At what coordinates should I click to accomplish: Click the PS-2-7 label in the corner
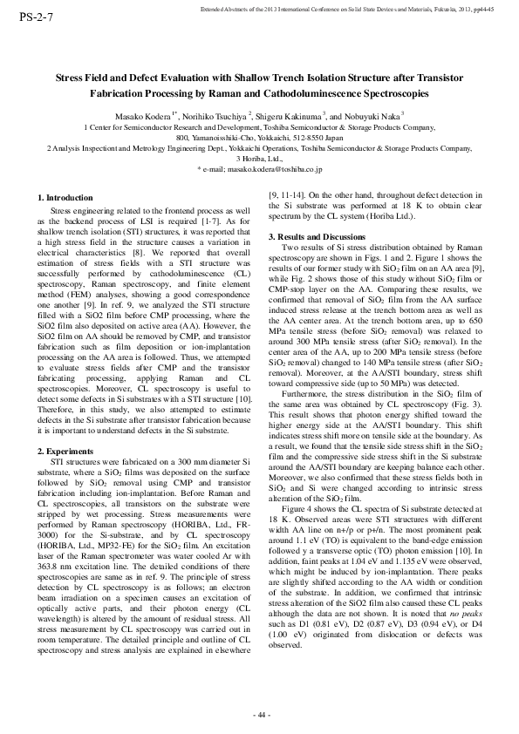coord(25,17)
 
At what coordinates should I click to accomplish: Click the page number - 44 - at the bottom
coord(259,714)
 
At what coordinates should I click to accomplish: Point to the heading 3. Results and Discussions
coord(316,237)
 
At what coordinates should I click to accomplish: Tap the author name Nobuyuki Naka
coord(371,116)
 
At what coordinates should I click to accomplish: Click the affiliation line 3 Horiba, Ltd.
coord(259,160)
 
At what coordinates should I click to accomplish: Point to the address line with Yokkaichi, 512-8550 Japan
coord(259,138)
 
